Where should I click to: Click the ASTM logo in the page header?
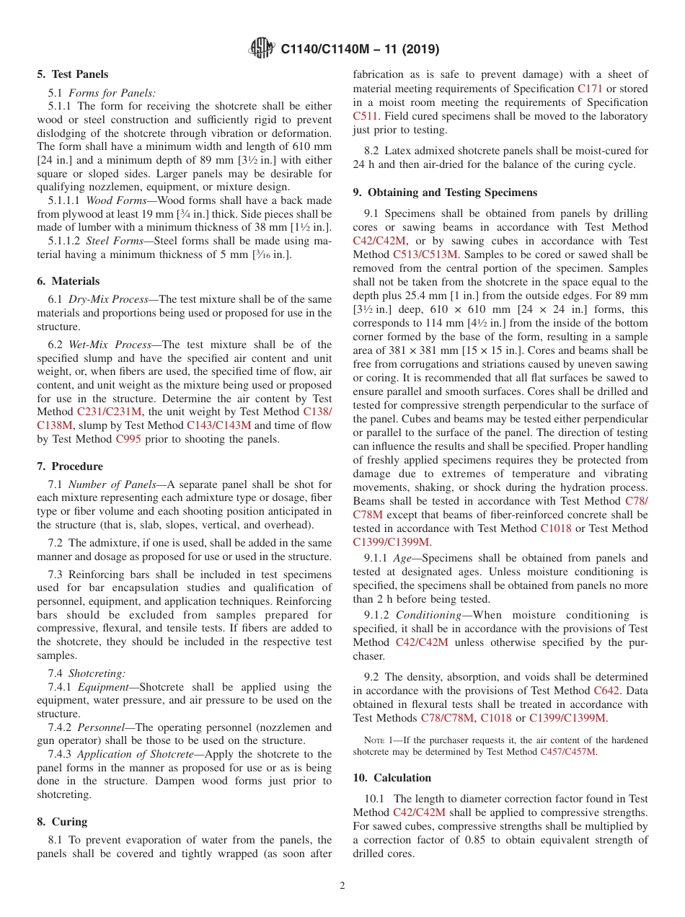coord(261,48)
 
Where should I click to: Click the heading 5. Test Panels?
coord(73,74)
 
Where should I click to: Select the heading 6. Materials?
coord(68,281)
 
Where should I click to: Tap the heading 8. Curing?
coord(62,822)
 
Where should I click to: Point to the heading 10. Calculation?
coord(392,778)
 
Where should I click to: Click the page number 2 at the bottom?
coord(342,886)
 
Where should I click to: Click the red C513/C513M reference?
coord(425,254)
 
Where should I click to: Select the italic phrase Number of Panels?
coord(112,484)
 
